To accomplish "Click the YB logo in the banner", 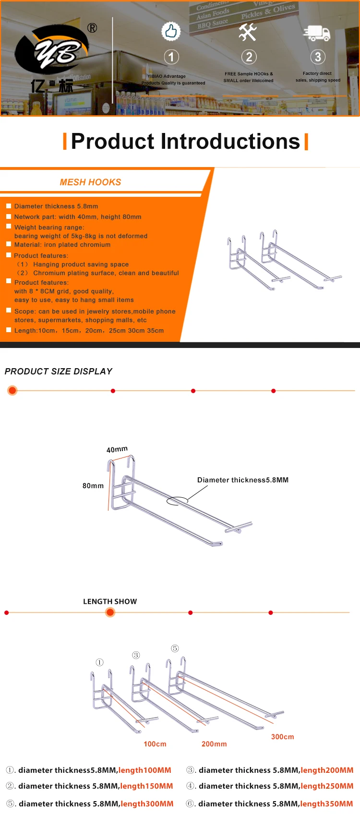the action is (x=52, y=52).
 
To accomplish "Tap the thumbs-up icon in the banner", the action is (x=171, y=32).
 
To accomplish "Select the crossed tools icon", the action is (x=248, y=32).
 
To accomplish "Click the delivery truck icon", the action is (x=317, y=33).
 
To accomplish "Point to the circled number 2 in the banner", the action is (x=249, y=57).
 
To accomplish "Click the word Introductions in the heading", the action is (x=230, y=142).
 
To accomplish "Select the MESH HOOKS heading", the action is (x=90, y=182).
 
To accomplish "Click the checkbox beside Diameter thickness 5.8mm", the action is (x=9, y=206).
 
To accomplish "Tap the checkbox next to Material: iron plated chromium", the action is (x=9, y=244).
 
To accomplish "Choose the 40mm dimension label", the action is (x=117, y=449).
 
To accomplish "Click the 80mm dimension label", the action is (x=93, y=486).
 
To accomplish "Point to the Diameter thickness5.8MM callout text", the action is (x=243, y=480).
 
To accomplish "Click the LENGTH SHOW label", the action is (x=110, y=601).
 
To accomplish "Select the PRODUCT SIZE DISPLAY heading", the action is (x=59, y=372).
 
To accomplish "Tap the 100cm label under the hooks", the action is (x=155, y=744).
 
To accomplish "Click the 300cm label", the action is (x=282, y=737).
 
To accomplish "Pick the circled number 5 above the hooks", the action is (x=175, y=648).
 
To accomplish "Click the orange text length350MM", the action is (x=326, y=804).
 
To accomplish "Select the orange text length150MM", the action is (x=146, y=786).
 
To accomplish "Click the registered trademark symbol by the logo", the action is (x=92, y=28).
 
